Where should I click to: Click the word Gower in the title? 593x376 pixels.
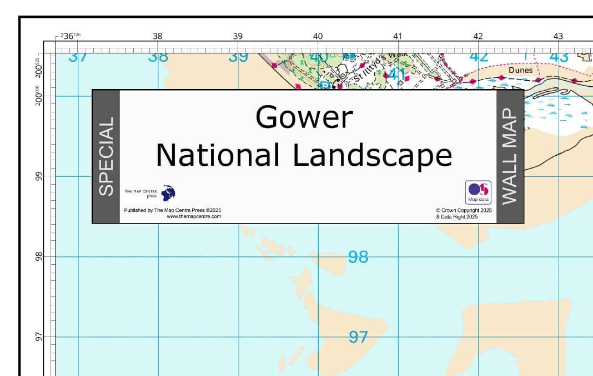click(x=304, y=117)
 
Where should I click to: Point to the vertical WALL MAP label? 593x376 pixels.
click(x=510, y=156)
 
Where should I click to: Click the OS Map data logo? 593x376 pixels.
click(x=478, y=192)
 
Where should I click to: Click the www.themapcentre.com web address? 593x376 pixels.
click(x=194, y=216)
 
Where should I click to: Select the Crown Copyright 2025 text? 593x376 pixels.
click(x=464, y=210)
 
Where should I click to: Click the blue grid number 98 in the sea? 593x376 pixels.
click(x=358, y=257)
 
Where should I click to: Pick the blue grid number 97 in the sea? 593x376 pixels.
click(x=358, y=337)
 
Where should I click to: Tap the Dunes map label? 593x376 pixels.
click(x=520, y=70)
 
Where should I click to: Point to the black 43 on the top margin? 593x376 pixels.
click(x=558, y=36)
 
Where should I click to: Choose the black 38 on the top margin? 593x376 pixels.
click(x=158, y=36)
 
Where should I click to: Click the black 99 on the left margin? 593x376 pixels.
click(x=39, y=176)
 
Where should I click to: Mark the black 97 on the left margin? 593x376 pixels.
click(x=39, y=337)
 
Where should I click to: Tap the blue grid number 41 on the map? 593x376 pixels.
click(x=396, y=74)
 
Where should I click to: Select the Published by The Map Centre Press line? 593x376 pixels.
click(x=173, y=210)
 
